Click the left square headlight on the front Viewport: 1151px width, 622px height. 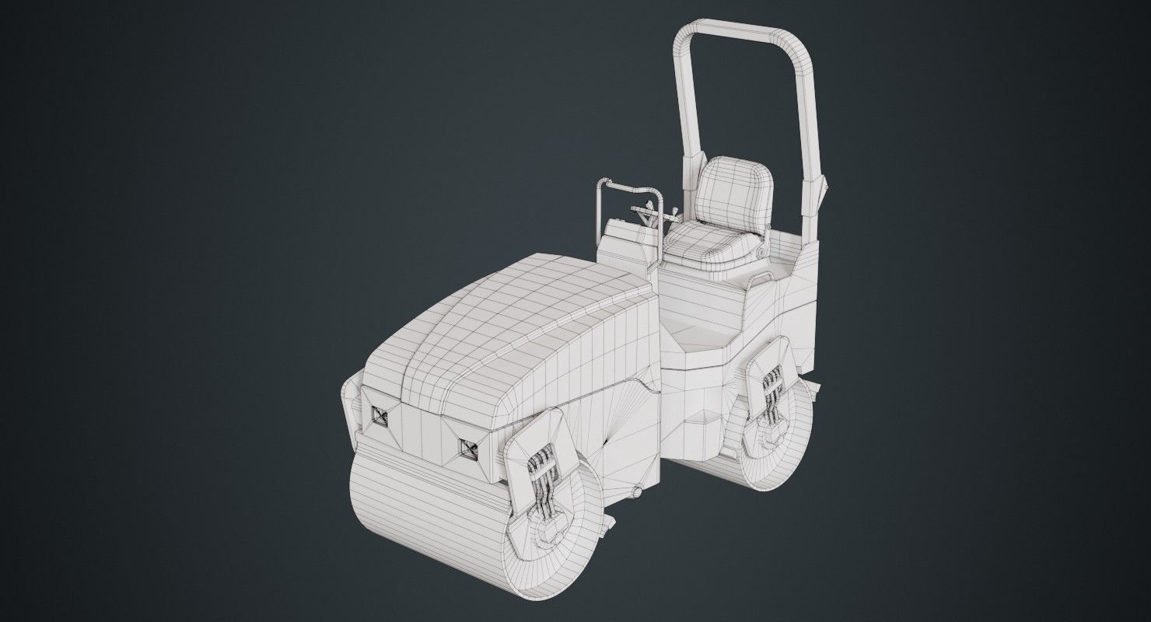(380, 416)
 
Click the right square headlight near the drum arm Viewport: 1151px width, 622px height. (468, 449)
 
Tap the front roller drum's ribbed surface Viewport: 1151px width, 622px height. (420, 513)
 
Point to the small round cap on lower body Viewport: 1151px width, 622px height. (637, 491)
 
